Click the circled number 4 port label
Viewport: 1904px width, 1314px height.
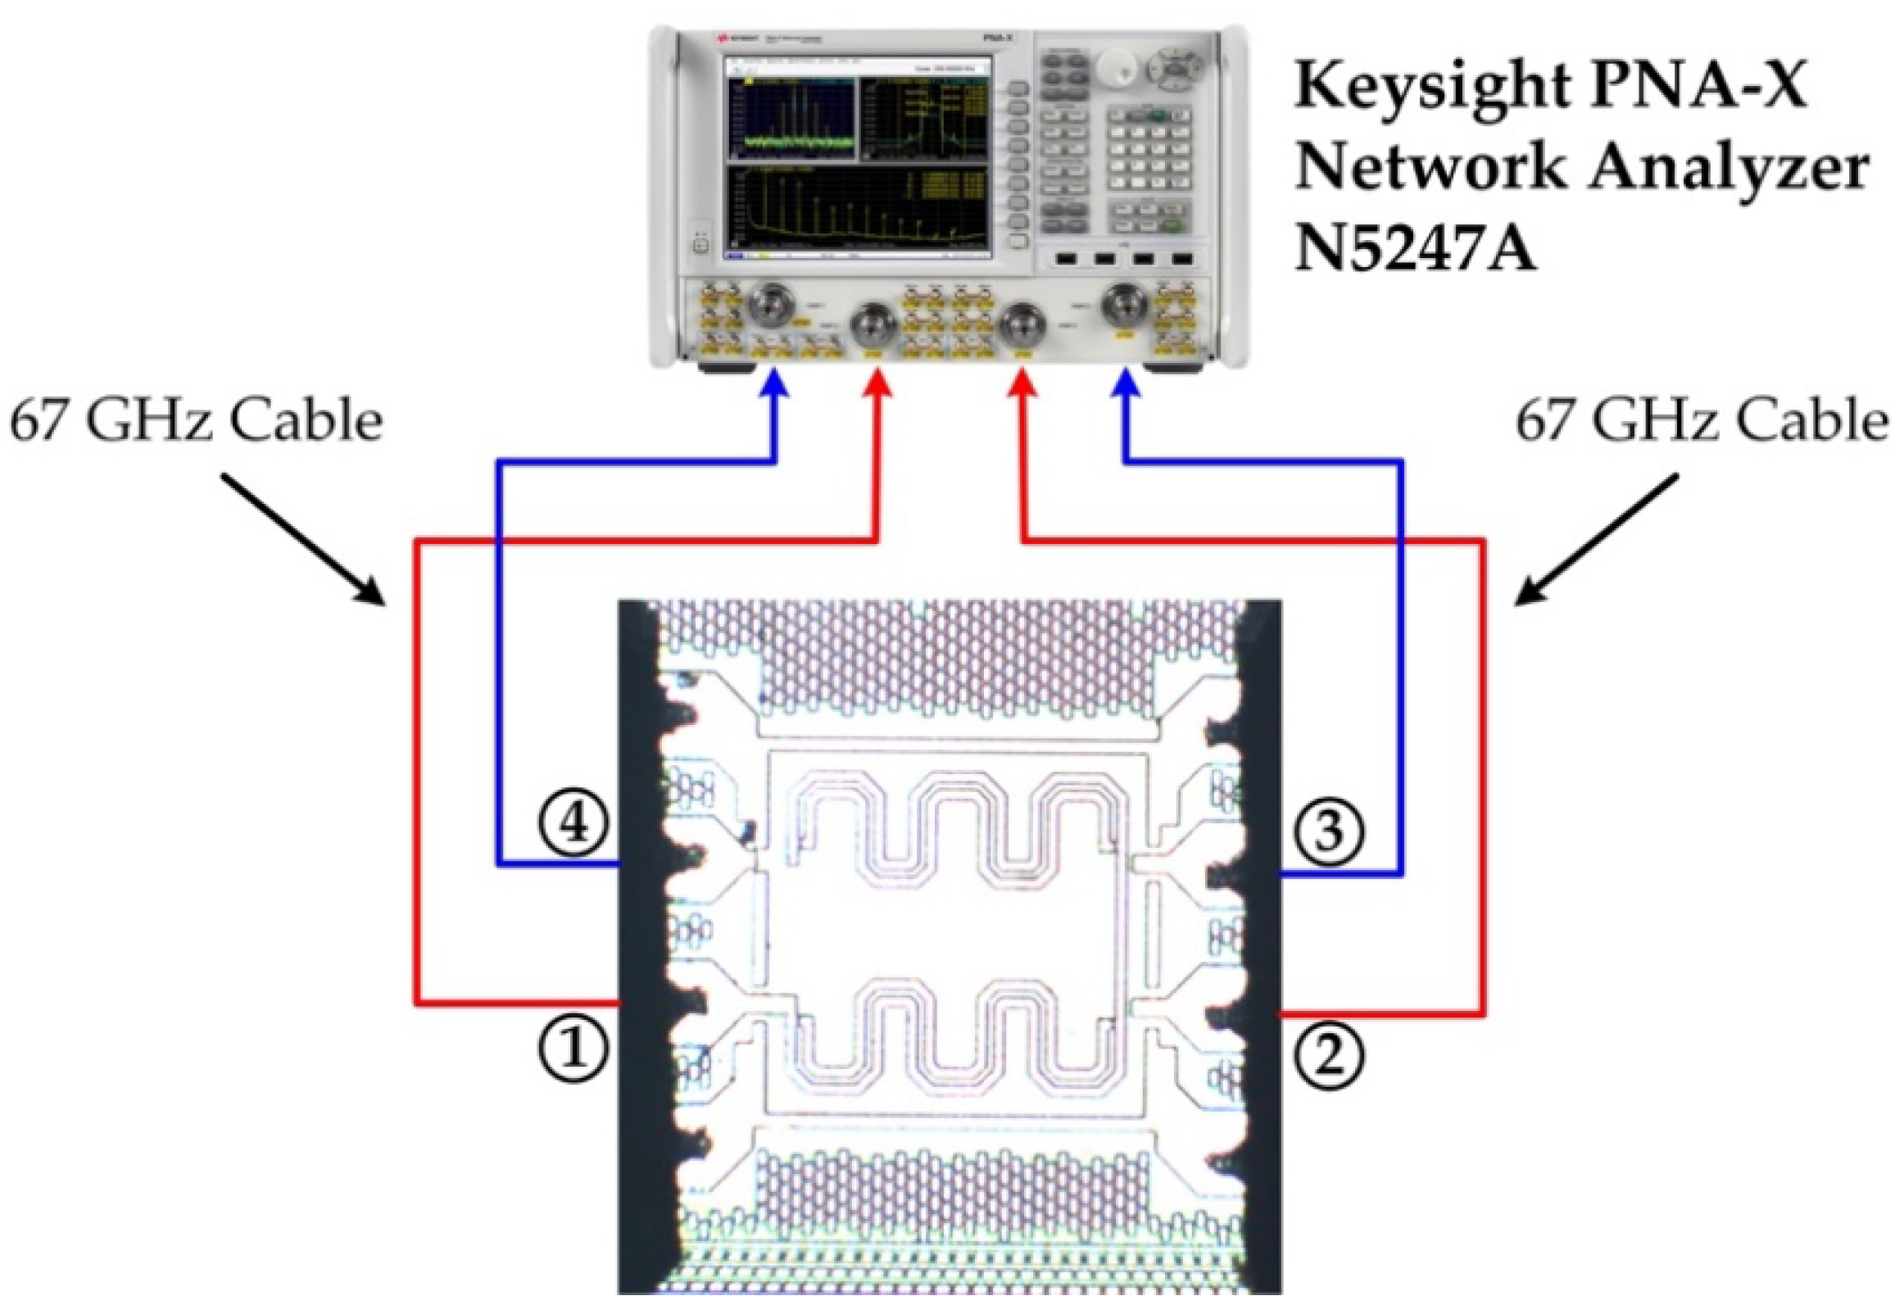pyautogui.click(x=573, y=823)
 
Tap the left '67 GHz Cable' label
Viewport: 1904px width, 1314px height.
pyautogui.click(x=196, y=421)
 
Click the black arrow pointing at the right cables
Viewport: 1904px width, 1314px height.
pyautogui.click(x=1597, y=539)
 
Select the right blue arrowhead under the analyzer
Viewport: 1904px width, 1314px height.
pyautogui.click(x=1127, y=383)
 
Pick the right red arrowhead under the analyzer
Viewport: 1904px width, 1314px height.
pyautogui.click(x=1022, y=383)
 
